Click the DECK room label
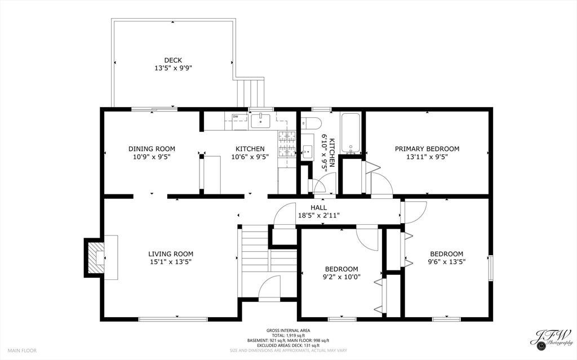[x=172, y=60]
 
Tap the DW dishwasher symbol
[x=235, y=117]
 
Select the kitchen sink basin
[x=260, y=121]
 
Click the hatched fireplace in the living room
[x=96, y=257]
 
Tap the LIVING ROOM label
[x=171, y=254]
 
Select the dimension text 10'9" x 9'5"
[x=152, y=157]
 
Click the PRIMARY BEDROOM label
[x=427, y=149]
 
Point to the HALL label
[x=318, y=208]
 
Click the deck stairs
[x=250, y=92]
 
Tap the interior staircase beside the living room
[x=269, y=262]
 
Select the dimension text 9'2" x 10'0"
[x=341, y=277]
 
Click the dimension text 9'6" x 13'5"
[x=447, y=262]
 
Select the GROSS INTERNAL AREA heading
[x=288, y=331]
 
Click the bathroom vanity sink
[x=307, y=151]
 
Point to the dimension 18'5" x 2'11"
[x=319, y=216]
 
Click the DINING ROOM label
[x=152, y=149]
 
